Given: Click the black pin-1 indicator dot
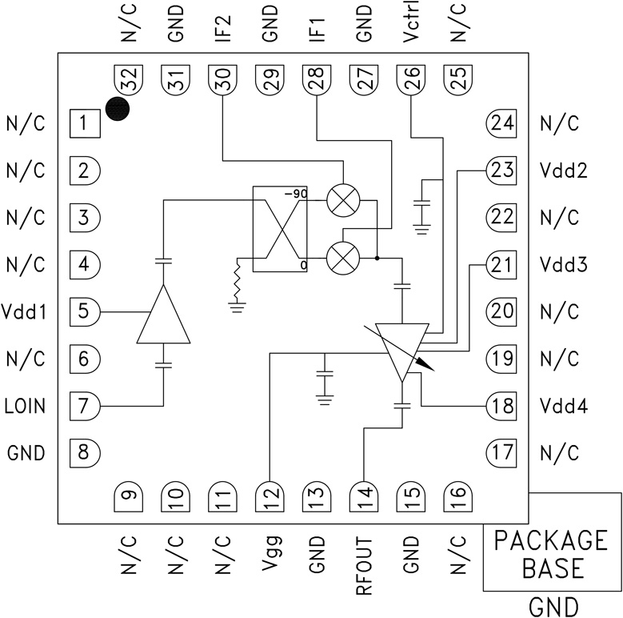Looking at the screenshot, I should [118, 110].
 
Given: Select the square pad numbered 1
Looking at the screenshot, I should [84, 124].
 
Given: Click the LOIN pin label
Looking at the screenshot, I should [25, 406].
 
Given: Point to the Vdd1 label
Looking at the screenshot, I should [25, 311].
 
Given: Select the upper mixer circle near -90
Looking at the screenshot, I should [343, 203].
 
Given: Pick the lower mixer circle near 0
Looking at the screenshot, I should [343, 258].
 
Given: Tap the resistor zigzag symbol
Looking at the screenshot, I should [237, 279].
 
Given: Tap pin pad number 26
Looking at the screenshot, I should [410, 81].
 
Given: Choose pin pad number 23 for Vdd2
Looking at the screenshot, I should [500, 171].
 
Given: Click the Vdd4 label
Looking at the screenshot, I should [564, 406].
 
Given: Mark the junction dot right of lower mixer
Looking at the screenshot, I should [377, 258].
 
